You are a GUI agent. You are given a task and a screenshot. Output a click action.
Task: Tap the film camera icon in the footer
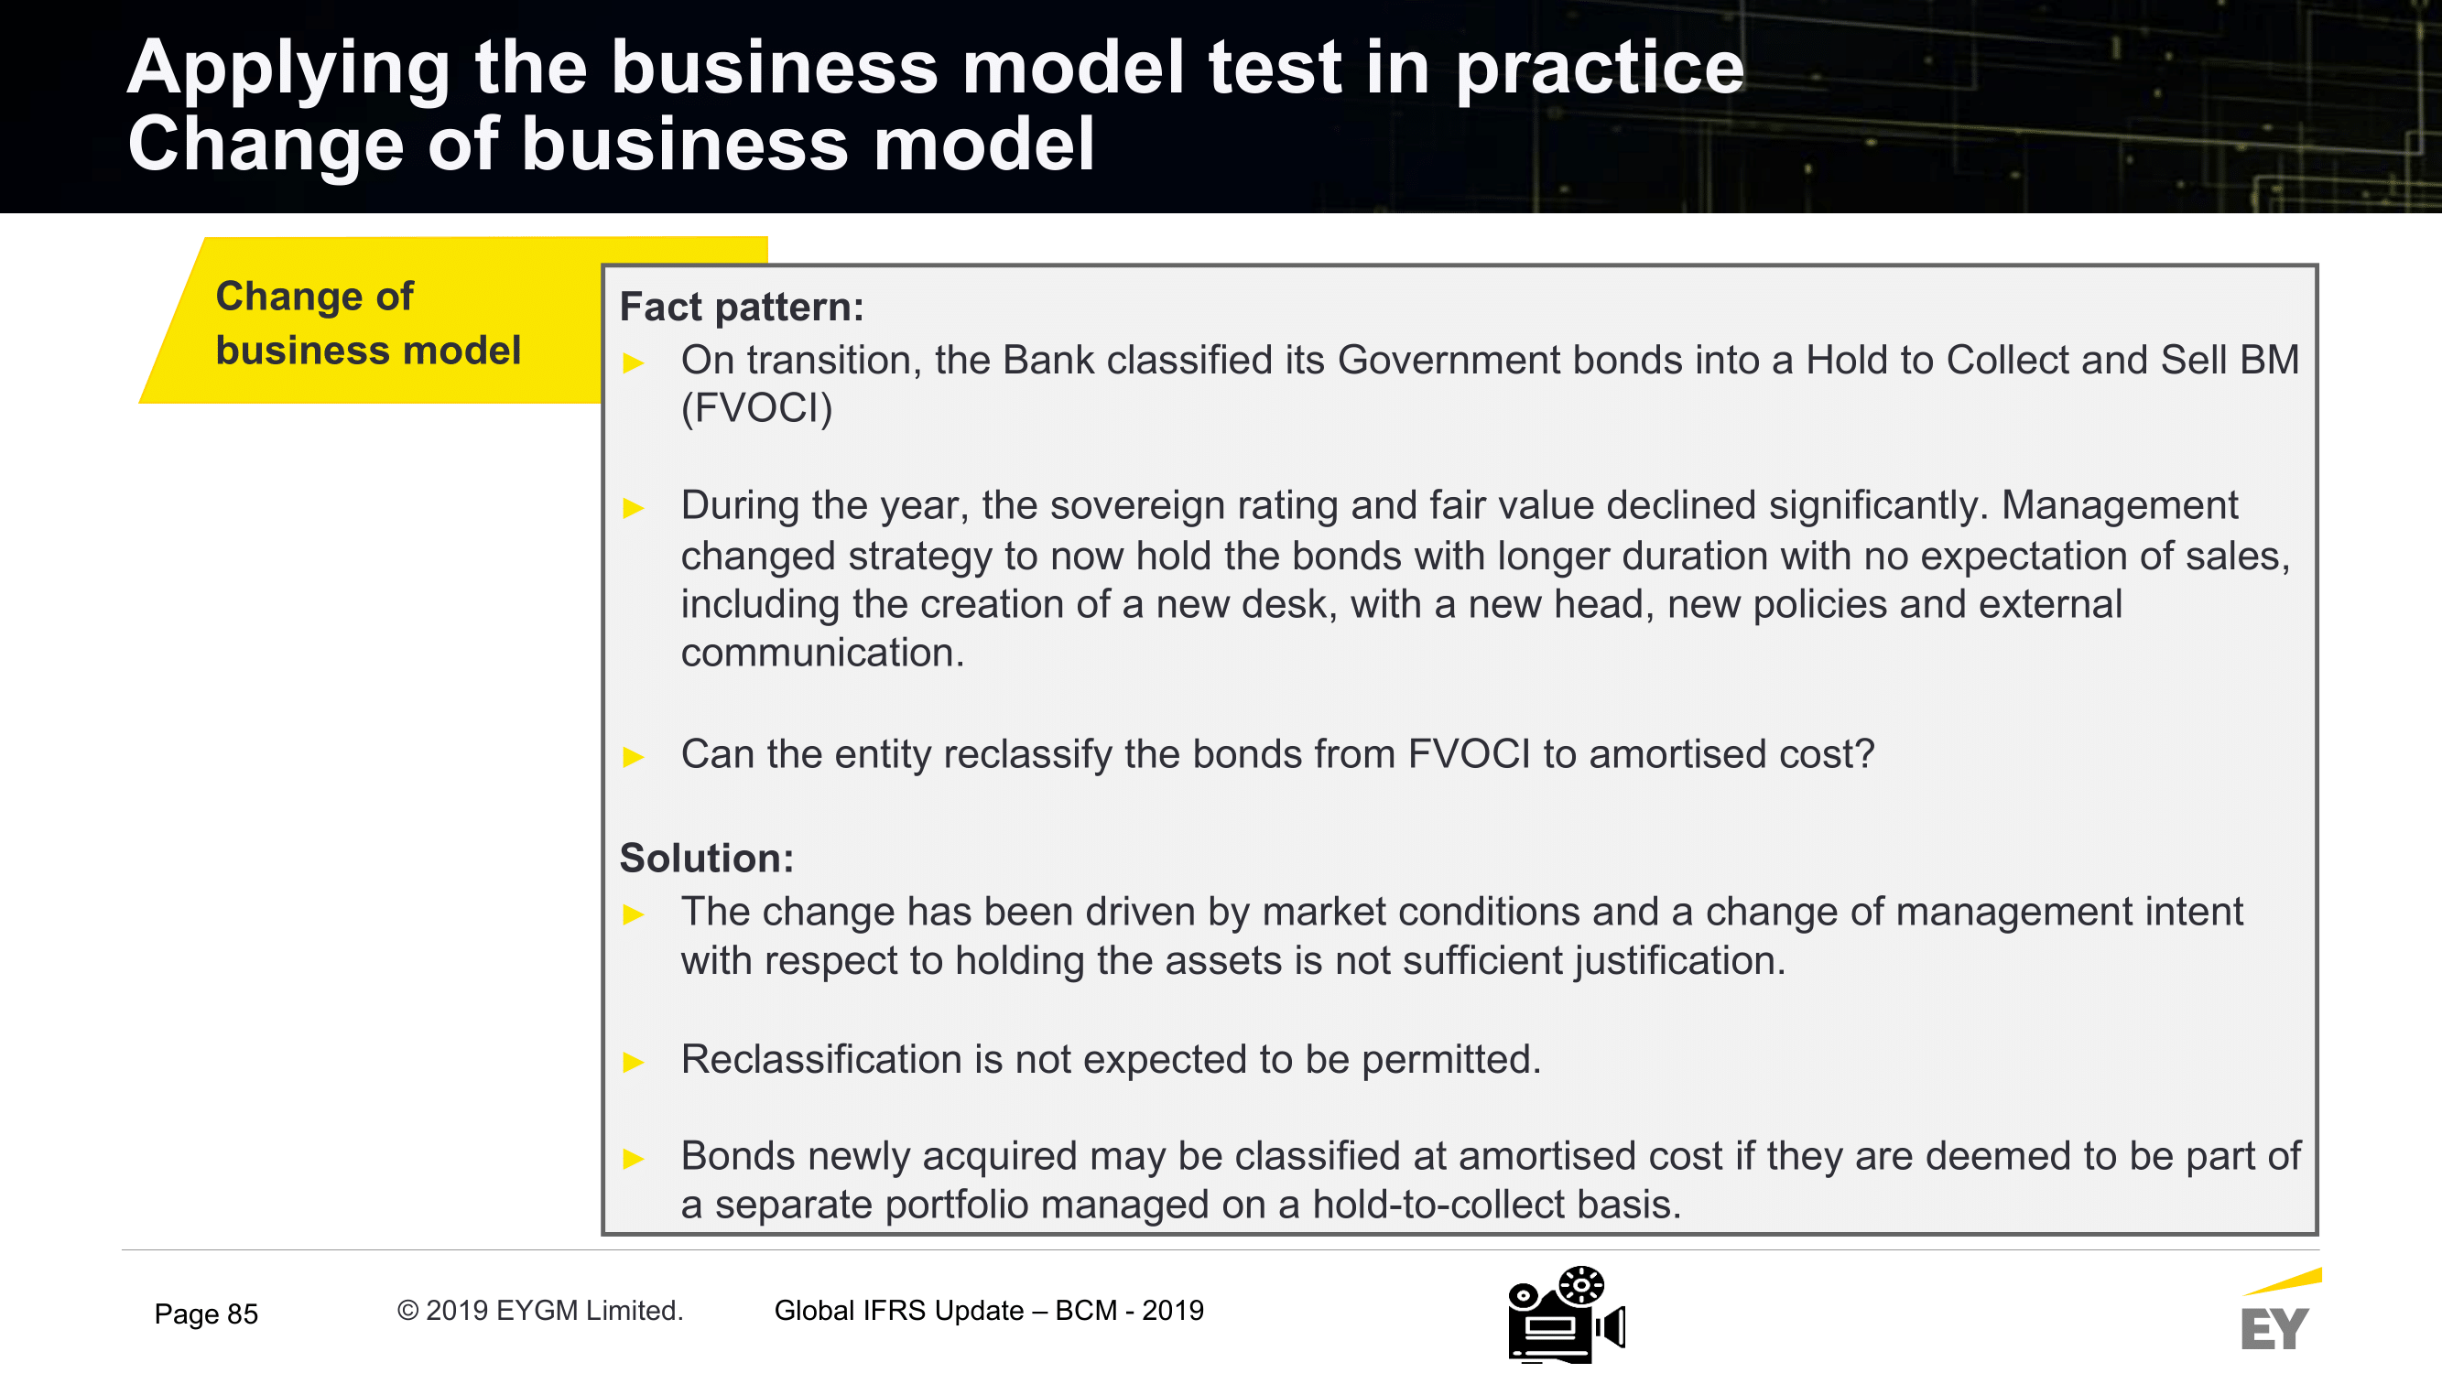click(x=1567, y=1314)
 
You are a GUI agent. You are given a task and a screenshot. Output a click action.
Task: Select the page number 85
click(x=243, y=1314)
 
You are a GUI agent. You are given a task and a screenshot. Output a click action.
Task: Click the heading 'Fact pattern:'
click(x=742, y=307)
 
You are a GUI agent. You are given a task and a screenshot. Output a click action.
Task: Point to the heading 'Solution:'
click(x=706, y=858)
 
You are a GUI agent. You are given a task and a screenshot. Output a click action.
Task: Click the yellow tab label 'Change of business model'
click(x=368, y=323)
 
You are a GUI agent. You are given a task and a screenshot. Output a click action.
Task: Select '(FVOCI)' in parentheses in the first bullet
click(x=756, y=408)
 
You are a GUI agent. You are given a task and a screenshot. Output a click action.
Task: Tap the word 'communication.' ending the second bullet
click(x=822, y=653)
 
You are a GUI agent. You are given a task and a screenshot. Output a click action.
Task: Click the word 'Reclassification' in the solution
click(x=821, y=1059)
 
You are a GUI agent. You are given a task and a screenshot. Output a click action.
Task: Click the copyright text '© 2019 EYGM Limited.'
click(x=539, y=1311)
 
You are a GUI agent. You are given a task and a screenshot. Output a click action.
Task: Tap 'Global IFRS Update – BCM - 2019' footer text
click(x=989, y=1311)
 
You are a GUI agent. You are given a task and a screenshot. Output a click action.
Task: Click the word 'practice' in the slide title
click(x=1600, y=69)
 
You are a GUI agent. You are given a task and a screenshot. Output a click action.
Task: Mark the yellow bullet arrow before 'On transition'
click(x=634, y=362)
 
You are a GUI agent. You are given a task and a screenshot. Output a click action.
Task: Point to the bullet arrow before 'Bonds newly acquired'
click(x=634, y=1158)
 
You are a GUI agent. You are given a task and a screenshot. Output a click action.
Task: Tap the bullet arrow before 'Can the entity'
click(x=634, y=756)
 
